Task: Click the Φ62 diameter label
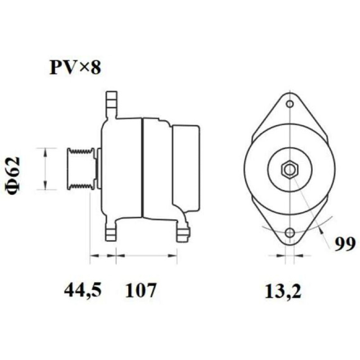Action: click(13, 175)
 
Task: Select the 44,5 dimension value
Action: click(83, 290)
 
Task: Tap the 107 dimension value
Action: click(141, 290)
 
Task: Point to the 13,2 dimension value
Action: click(283, 291)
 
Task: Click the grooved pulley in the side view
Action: click(81, 169)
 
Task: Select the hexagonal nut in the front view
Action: click(290, 170)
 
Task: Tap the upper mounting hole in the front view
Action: click(290, 104)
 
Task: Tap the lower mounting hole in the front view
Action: click(290, 233)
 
